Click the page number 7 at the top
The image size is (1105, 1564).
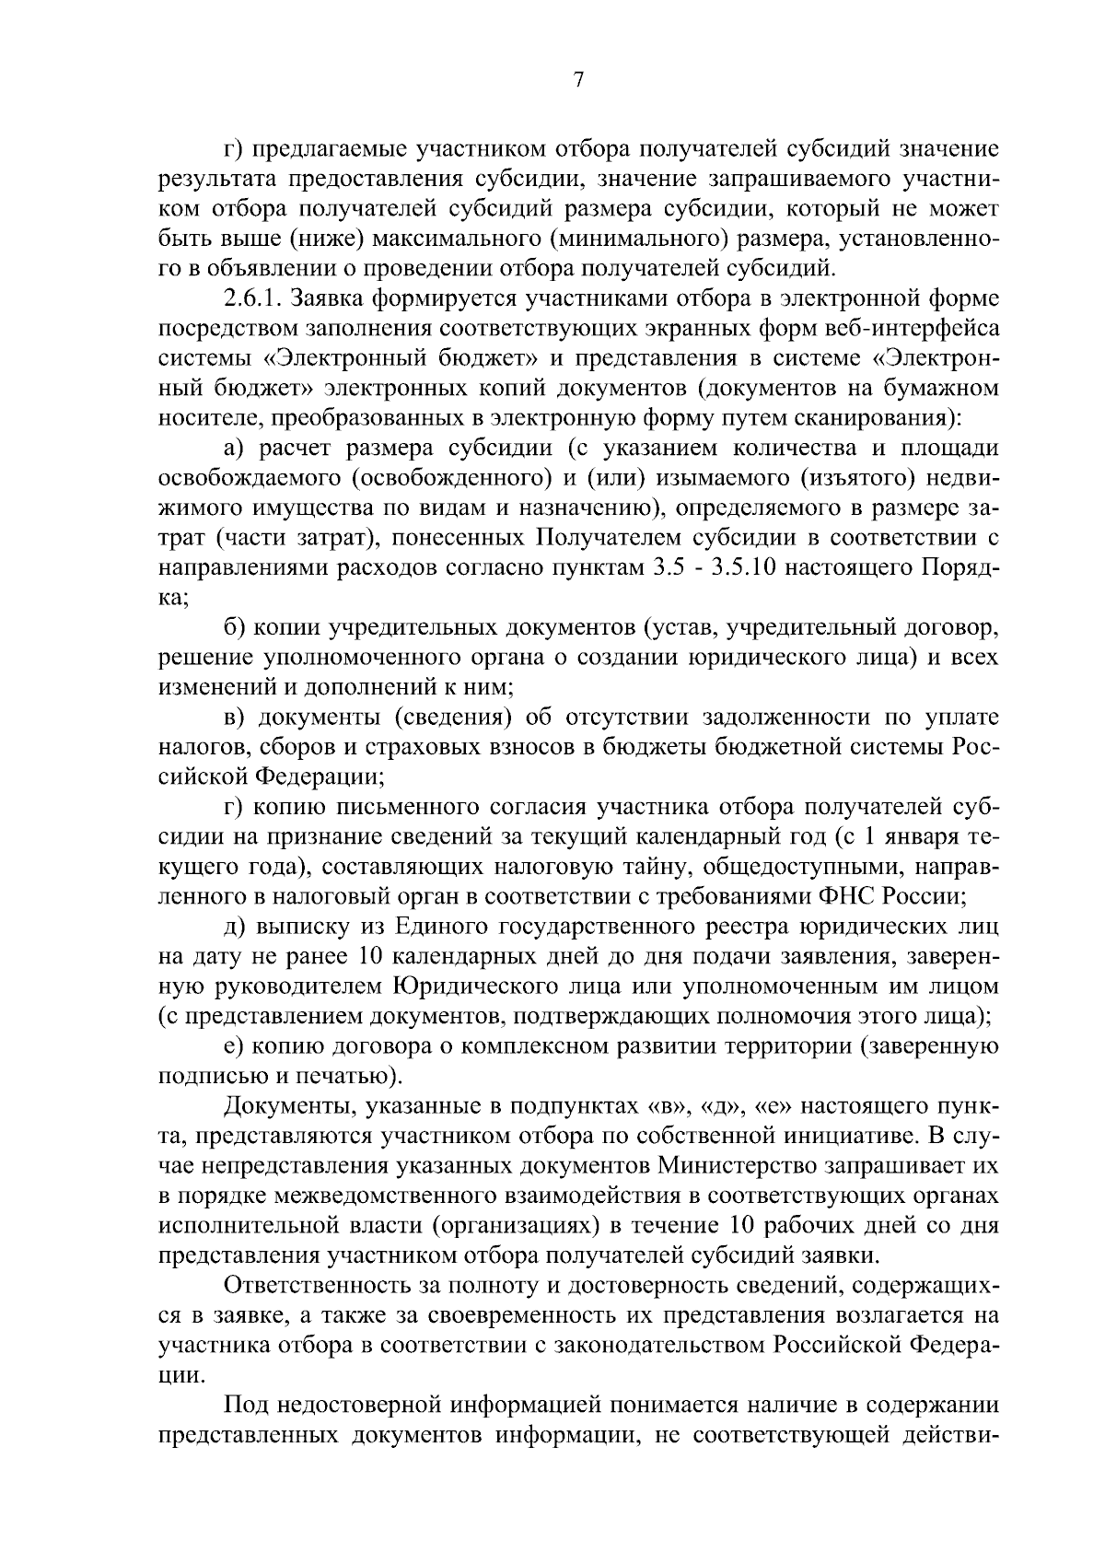coord(578,80)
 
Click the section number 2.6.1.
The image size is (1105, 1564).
coord(256,298)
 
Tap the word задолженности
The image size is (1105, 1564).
coord(786,718)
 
